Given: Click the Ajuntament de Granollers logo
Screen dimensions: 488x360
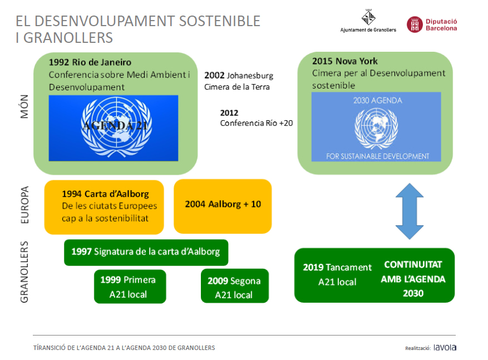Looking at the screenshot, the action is [x=368, y=21].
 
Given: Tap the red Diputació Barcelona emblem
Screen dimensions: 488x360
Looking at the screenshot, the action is [x=415, y=24].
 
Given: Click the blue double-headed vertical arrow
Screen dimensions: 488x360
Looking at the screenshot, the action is [x=409, y=211].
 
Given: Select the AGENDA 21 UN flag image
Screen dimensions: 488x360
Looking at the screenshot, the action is [x=114, y=128].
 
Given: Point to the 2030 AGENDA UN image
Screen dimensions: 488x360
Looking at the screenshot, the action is [x=376, y=127].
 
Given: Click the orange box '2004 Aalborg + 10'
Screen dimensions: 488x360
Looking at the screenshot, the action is [x=223, y=206].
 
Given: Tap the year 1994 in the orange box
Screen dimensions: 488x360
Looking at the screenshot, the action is [x=72, y=194].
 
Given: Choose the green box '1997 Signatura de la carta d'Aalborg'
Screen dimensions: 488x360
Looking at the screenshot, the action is [x=146, y=253].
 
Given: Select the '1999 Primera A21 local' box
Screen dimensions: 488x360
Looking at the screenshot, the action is [x=130, y=286].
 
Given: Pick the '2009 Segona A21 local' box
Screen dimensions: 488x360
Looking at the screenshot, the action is [x=235, y=286].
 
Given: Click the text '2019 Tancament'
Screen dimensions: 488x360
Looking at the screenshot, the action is [x=337, y=267].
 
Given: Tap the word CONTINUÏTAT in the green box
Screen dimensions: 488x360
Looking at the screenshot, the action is [x=413, y=264].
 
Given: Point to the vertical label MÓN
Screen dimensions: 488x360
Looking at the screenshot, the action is [x=24, y=106].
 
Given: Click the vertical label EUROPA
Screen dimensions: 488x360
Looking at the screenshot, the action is [x=24, y=205].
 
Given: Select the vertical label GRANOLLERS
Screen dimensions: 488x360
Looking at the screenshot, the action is [x=24, y=272].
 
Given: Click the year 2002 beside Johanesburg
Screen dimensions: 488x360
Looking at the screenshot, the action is [x=214, y=75].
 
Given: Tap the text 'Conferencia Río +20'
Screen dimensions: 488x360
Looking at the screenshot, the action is [x=257, y=123].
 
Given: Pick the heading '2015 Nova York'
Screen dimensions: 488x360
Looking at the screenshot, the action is [x=345, y=61].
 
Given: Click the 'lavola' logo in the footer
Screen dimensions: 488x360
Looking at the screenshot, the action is [x=445, y=347].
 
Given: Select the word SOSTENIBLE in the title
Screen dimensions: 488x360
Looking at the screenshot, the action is [x=220, y=21].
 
